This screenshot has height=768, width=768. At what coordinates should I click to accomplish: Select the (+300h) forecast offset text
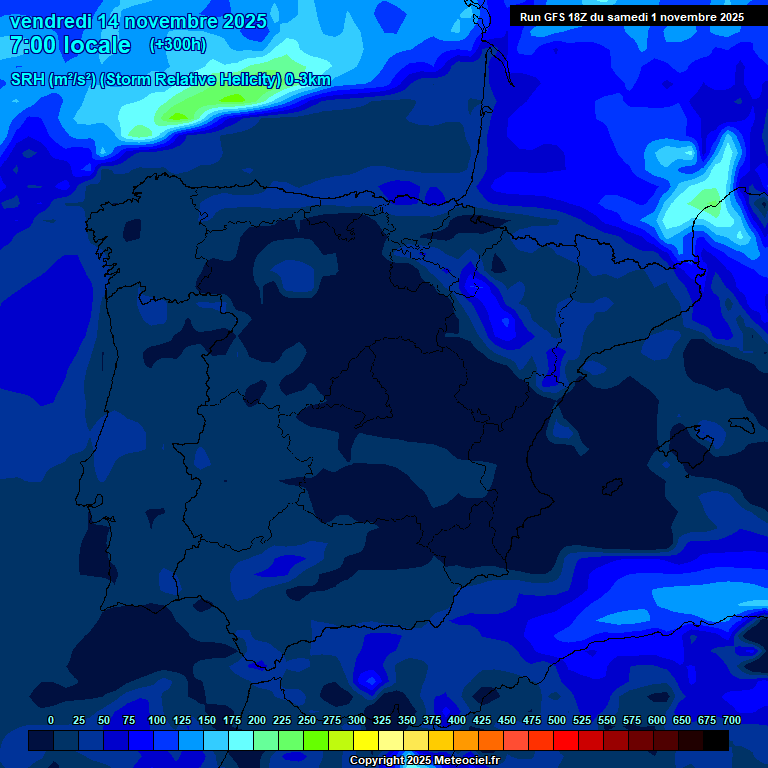pos(178,45)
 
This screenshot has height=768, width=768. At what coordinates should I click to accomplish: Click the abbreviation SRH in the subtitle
pos(28,80)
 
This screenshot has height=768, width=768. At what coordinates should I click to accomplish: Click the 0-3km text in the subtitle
pos(308,80)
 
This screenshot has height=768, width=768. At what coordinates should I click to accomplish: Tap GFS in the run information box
pos(558,17)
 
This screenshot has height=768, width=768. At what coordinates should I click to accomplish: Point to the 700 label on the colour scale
pos(732,721)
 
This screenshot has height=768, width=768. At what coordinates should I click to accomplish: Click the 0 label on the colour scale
pos(51,721)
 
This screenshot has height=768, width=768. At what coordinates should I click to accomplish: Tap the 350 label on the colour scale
pos(407,721)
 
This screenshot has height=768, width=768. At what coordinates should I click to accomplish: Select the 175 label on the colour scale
pos(232,721)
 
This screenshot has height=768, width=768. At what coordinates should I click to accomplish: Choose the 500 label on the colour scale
pos(557,721)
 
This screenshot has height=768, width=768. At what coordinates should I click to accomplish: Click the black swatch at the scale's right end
pos(716,740)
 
